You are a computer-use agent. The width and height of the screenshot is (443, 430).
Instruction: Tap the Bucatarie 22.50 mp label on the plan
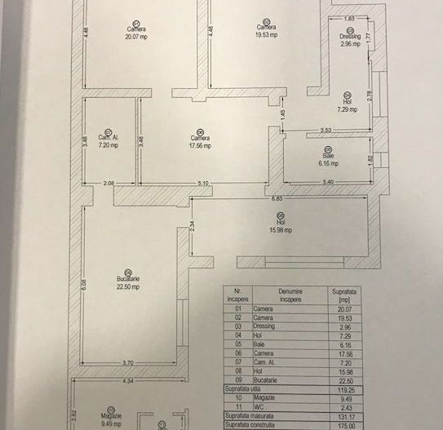click(x=128, y=282)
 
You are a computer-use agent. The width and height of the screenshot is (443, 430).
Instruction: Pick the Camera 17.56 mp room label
click(x=201, y=142)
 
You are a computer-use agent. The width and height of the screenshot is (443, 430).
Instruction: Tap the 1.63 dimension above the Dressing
click(x=349, y=18)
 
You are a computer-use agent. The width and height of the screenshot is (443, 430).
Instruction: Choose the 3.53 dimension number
click(x=325, y=130)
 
